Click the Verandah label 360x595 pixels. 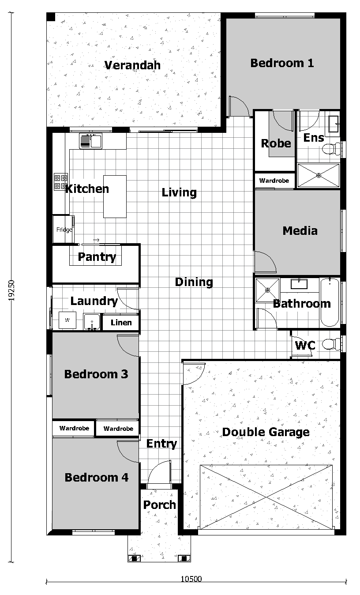pos(132,65)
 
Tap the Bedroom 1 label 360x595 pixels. pos(282,63)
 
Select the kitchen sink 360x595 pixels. pos(90,141)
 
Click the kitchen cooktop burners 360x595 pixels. pos(60,182)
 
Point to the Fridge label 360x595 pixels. pos(64,230)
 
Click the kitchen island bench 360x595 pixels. pos(115,196)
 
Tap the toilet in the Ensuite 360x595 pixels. pos(331,149)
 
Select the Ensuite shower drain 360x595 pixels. pos(319,175)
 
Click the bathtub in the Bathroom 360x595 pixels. pos(330,302)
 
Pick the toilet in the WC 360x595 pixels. pos(331,344)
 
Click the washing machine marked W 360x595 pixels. pos(67,320)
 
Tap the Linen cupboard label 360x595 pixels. pos(121,323)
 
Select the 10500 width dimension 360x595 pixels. pos(191,579)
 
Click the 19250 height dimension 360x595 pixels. pos(11,290)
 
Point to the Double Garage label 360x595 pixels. pos(266,432)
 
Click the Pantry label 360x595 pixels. pos(97,257)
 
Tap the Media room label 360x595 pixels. pos(300,230)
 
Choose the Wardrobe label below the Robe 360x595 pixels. pos(274,181)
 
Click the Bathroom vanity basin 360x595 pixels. pos(299,284)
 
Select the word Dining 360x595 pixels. pos(194,282)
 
